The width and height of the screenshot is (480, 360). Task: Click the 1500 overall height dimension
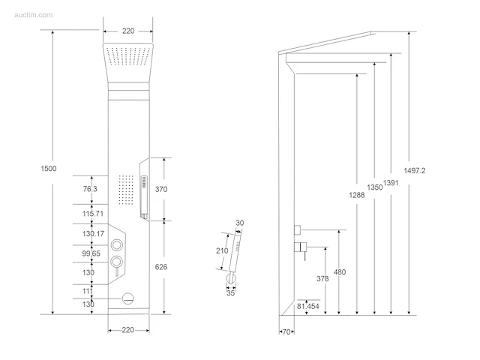(49, 168)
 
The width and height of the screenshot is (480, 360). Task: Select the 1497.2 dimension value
(415, 170)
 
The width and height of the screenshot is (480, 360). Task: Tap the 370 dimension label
(161, 189)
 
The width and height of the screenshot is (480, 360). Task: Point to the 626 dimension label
(161, 267)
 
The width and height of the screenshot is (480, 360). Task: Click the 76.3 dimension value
(90, 189)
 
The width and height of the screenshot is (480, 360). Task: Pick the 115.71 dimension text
(93, 214)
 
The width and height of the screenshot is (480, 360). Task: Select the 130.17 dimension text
(93, 234)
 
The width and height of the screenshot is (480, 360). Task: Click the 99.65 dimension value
(91, 253)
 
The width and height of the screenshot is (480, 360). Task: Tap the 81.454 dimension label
(308, 306)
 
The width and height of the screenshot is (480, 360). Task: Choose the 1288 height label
(357, 195)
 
